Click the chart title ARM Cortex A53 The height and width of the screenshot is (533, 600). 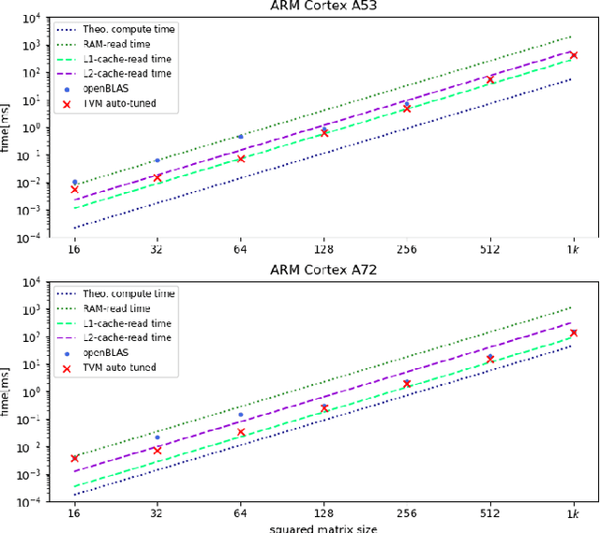(323, 7)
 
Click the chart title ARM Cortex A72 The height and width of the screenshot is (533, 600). (323, 273)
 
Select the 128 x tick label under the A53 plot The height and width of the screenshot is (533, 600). (323, 250)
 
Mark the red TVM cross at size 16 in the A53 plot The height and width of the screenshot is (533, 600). (74, 189)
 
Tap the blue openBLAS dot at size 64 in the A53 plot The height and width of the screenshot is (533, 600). (240, 137)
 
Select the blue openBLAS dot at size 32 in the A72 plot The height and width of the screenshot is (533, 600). (157, 437)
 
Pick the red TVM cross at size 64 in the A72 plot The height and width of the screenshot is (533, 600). (240, 432)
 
